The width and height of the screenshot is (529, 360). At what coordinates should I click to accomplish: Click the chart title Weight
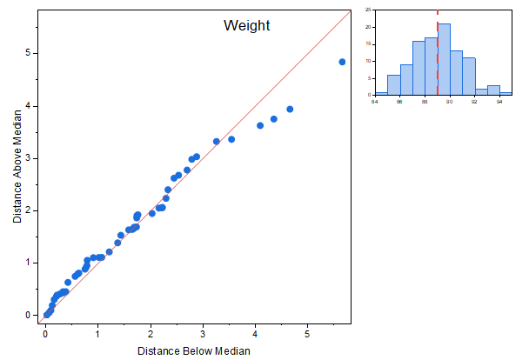[247, 26]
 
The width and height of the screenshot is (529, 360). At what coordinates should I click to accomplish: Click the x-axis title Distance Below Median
[194, 350]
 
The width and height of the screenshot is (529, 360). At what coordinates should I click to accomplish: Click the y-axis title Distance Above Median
[18, 171]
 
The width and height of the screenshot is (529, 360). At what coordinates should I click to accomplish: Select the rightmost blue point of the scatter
[342, 62]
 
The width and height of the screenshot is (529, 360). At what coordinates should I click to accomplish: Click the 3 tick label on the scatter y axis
[30, 158]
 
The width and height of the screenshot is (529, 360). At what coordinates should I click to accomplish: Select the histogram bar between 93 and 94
[493, 90]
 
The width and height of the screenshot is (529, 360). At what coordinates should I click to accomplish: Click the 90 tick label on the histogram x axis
[450, 102]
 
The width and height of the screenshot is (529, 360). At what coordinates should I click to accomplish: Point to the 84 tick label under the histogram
[375, 102]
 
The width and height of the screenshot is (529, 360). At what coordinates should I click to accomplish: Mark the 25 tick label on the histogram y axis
[369, 10]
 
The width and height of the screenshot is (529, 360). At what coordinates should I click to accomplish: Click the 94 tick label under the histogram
[499, 102]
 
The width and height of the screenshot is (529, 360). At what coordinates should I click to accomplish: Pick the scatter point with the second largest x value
[290, 109]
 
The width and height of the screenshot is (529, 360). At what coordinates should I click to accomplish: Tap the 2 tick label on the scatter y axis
[30, 210]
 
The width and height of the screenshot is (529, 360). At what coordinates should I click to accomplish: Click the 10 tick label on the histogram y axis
[369, 61]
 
